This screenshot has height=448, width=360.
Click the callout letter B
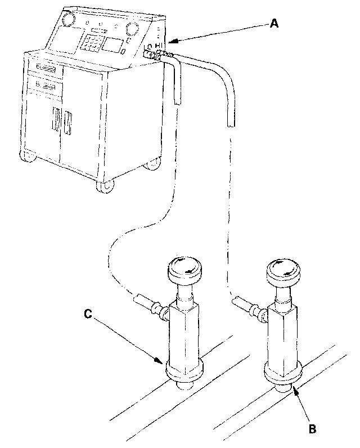click(313, 428)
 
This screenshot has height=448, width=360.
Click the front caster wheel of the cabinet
click(104, 186)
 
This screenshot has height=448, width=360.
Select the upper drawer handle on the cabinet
click(46, 69)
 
